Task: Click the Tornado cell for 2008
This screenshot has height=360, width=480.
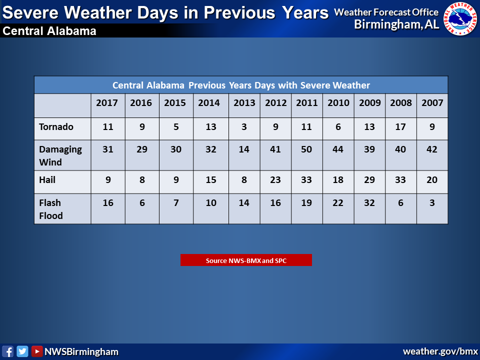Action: point(400,126)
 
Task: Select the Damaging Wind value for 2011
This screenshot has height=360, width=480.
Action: point(306,149)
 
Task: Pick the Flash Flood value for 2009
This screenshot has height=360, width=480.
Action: point(369,202)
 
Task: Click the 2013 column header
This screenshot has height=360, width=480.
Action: point(244,103)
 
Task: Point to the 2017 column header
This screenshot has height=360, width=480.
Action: point(107,103)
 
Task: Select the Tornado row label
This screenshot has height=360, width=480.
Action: point(56,126)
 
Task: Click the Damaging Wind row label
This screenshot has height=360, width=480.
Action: point(60,155)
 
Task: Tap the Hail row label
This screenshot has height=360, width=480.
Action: point(47,179)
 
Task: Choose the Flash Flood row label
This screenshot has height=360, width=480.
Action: point(51,209)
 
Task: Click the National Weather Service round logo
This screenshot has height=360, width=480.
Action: point(460,18)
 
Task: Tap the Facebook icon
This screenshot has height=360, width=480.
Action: point(7,351)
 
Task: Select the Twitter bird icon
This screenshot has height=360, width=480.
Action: point(22,351)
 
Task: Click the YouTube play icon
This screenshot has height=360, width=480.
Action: point(36,351)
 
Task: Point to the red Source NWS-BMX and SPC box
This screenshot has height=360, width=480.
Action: point(246,260)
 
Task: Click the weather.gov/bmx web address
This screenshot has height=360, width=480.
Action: point(440,351)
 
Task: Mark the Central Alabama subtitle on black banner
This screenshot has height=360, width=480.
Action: point(49,31)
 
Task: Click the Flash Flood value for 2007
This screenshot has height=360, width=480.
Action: point(432,202)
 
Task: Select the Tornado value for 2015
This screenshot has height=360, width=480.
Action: point(176,126)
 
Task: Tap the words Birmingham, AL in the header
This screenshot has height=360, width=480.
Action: point(396,24)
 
